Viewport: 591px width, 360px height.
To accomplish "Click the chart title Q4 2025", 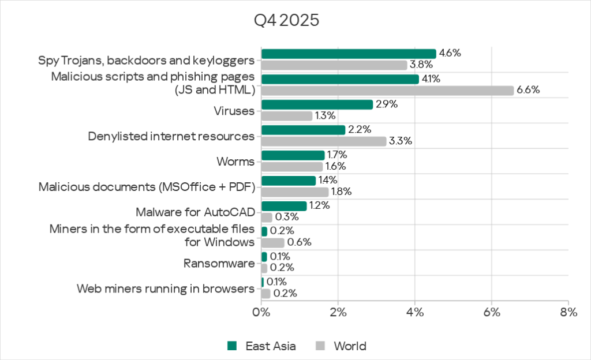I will pos(287,21).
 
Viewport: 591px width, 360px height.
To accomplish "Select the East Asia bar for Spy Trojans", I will pos(349,54).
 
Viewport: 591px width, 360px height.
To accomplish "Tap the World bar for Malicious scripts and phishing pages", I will pos(387,90).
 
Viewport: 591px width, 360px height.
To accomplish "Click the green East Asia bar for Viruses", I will pos(317,104).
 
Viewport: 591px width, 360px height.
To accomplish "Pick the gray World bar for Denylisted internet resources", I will pos(324,141).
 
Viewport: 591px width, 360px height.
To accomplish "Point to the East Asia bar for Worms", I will pos(293,155).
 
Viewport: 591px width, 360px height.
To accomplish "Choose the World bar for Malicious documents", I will pos(295,192).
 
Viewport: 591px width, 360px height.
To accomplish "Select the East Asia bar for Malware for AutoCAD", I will pos(284,206).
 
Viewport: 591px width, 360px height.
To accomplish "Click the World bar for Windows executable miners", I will pos(272,242).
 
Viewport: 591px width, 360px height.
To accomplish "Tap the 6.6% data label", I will pos(528,90).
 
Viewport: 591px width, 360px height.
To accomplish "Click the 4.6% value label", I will pos(450,53).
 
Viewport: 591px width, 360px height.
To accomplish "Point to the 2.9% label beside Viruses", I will pos(387,104).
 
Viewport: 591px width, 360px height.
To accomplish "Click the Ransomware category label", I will pos(219,264).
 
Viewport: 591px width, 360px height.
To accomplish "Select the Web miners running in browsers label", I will pos(166,288).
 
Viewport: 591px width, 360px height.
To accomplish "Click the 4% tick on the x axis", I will pos(414,313).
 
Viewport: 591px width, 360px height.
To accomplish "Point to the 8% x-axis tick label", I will pos(568,313).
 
